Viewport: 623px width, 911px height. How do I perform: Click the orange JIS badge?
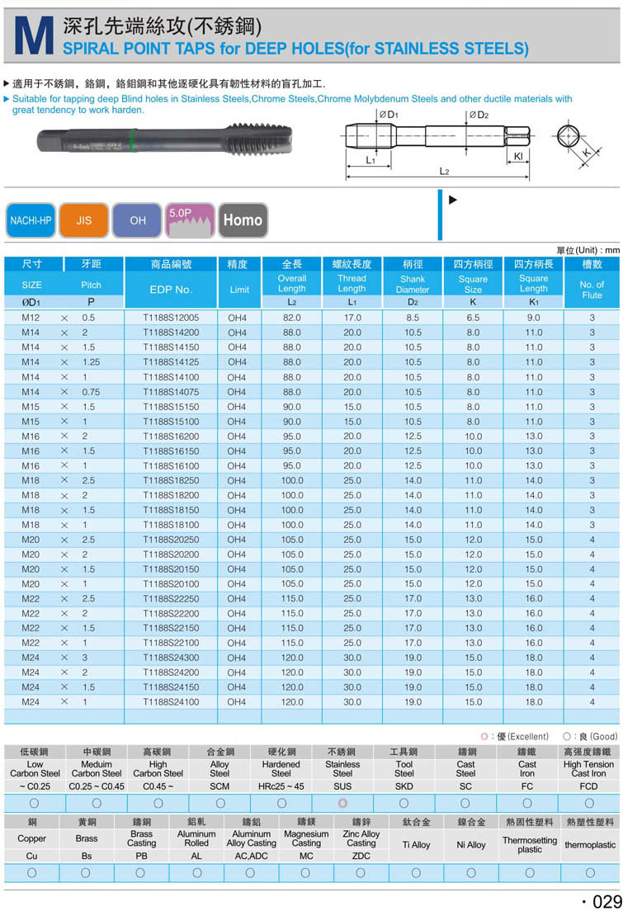pos(84,220)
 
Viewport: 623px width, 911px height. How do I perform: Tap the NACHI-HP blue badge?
pos(31,220)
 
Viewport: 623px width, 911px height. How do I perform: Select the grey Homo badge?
pos(243,220)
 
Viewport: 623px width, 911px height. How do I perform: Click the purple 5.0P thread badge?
pos(190,219)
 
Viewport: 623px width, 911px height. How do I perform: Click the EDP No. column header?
pos(171,290)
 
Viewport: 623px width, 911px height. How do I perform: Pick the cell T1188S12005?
pos(171,318)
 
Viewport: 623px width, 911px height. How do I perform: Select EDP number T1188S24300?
pos(171,658)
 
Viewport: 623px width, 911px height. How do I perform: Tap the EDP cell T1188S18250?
pos(171,480)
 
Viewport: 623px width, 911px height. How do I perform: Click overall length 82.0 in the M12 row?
pos(292,318)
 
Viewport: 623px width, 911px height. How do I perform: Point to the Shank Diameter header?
pos(412,285)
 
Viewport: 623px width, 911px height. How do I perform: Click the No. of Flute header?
pos(592,290)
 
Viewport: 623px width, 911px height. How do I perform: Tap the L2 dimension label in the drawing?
pos(444,172)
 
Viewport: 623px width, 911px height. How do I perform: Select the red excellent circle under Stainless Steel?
pos(342,803)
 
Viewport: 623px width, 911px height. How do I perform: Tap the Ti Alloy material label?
pos(416,845)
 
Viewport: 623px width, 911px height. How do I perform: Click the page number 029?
pos(599,899)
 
